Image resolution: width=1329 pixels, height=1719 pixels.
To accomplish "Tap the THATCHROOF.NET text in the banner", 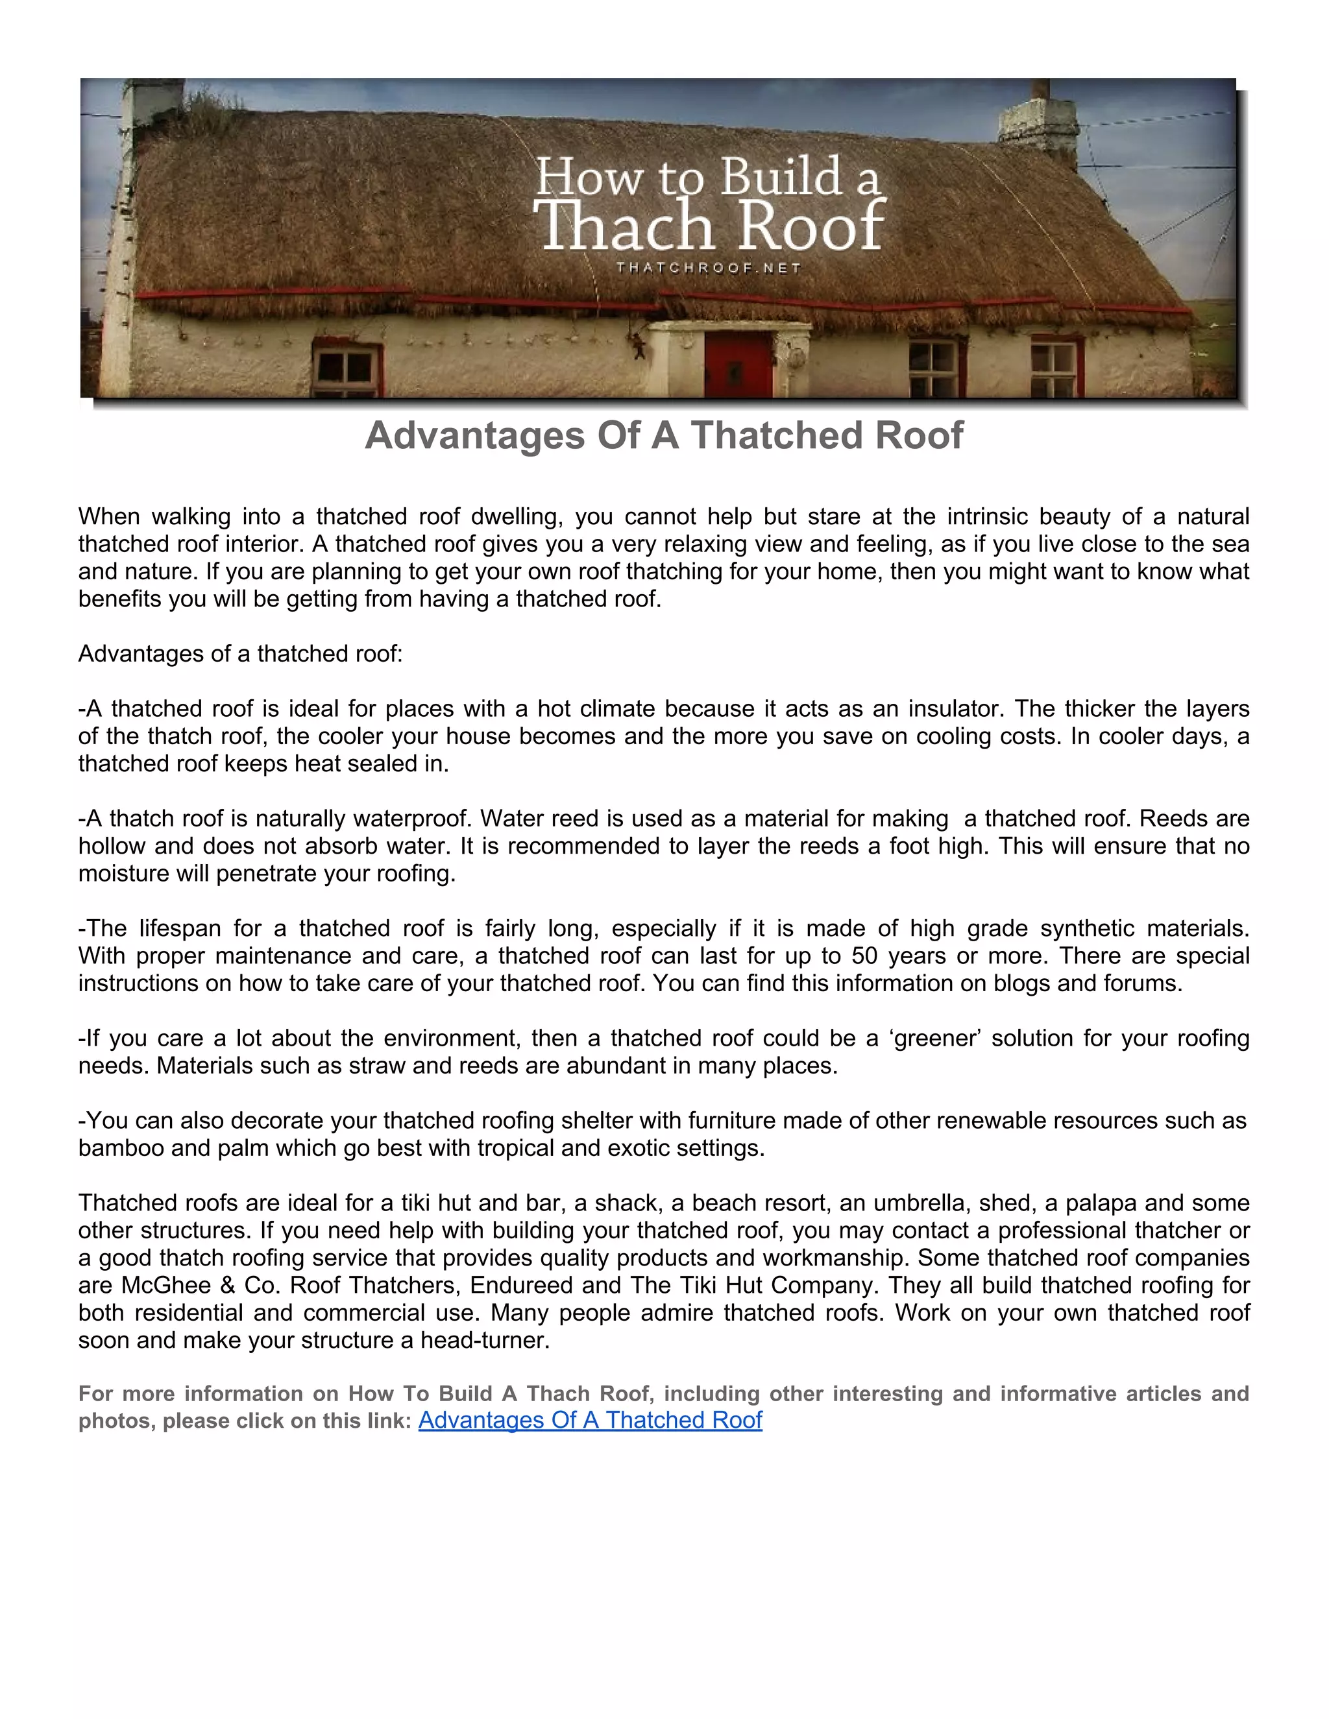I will [709, 269].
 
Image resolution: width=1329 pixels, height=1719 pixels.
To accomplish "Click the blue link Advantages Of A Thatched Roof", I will [590, 1420].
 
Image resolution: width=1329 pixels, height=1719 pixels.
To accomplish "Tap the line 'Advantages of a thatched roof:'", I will [240, 654].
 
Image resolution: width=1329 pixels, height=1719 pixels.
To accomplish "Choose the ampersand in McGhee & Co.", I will [228, 1285].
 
